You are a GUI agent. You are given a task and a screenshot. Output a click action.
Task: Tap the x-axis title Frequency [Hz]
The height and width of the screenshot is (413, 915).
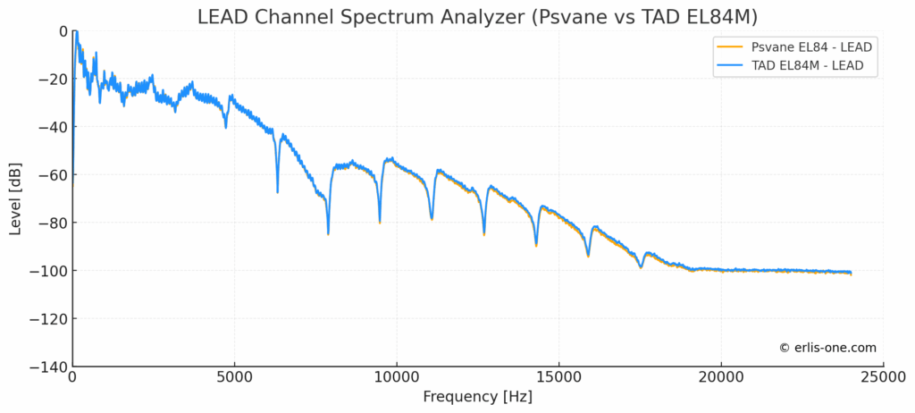tap(477, 396)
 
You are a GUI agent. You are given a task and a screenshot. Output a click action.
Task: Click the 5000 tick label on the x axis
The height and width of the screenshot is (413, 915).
tap(234, 378)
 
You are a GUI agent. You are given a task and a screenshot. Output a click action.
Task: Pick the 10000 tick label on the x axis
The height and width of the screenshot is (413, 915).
tap(397, 378)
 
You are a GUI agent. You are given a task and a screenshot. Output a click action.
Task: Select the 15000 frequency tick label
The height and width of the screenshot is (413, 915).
tap(559, 378)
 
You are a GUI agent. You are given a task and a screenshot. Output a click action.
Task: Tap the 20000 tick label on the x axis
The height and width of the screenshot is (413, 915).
tap(722, 378)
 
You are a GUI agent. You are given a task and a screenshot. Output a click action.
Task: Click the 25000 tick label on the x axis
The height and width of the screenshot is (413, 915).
tap(884, 378)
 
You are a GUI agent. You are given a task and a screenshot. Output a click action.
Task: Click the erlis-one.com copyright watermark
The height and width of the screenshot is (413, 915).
tap(827, 348)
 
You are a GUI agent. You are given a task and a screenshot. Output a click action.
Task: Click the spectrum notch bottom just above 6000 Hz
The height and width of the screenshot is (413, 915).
tap(278, 191)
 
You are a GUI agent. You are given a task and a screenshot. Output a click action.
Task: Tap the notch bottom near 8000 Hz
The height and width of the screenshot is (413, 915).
tap(329, 233)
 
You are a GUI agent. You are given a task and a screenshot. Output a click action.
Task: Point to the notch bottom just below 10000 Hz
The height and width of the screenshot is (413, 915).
tap(380, 222)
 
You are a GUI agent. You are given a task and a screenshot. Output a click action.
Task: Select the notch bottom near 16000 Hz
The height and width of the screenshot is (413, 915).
tap(588, 256)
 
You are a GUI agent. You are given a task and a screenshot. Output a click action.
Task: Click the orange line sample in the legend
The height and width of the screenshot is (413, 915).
tap(728, 46)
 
